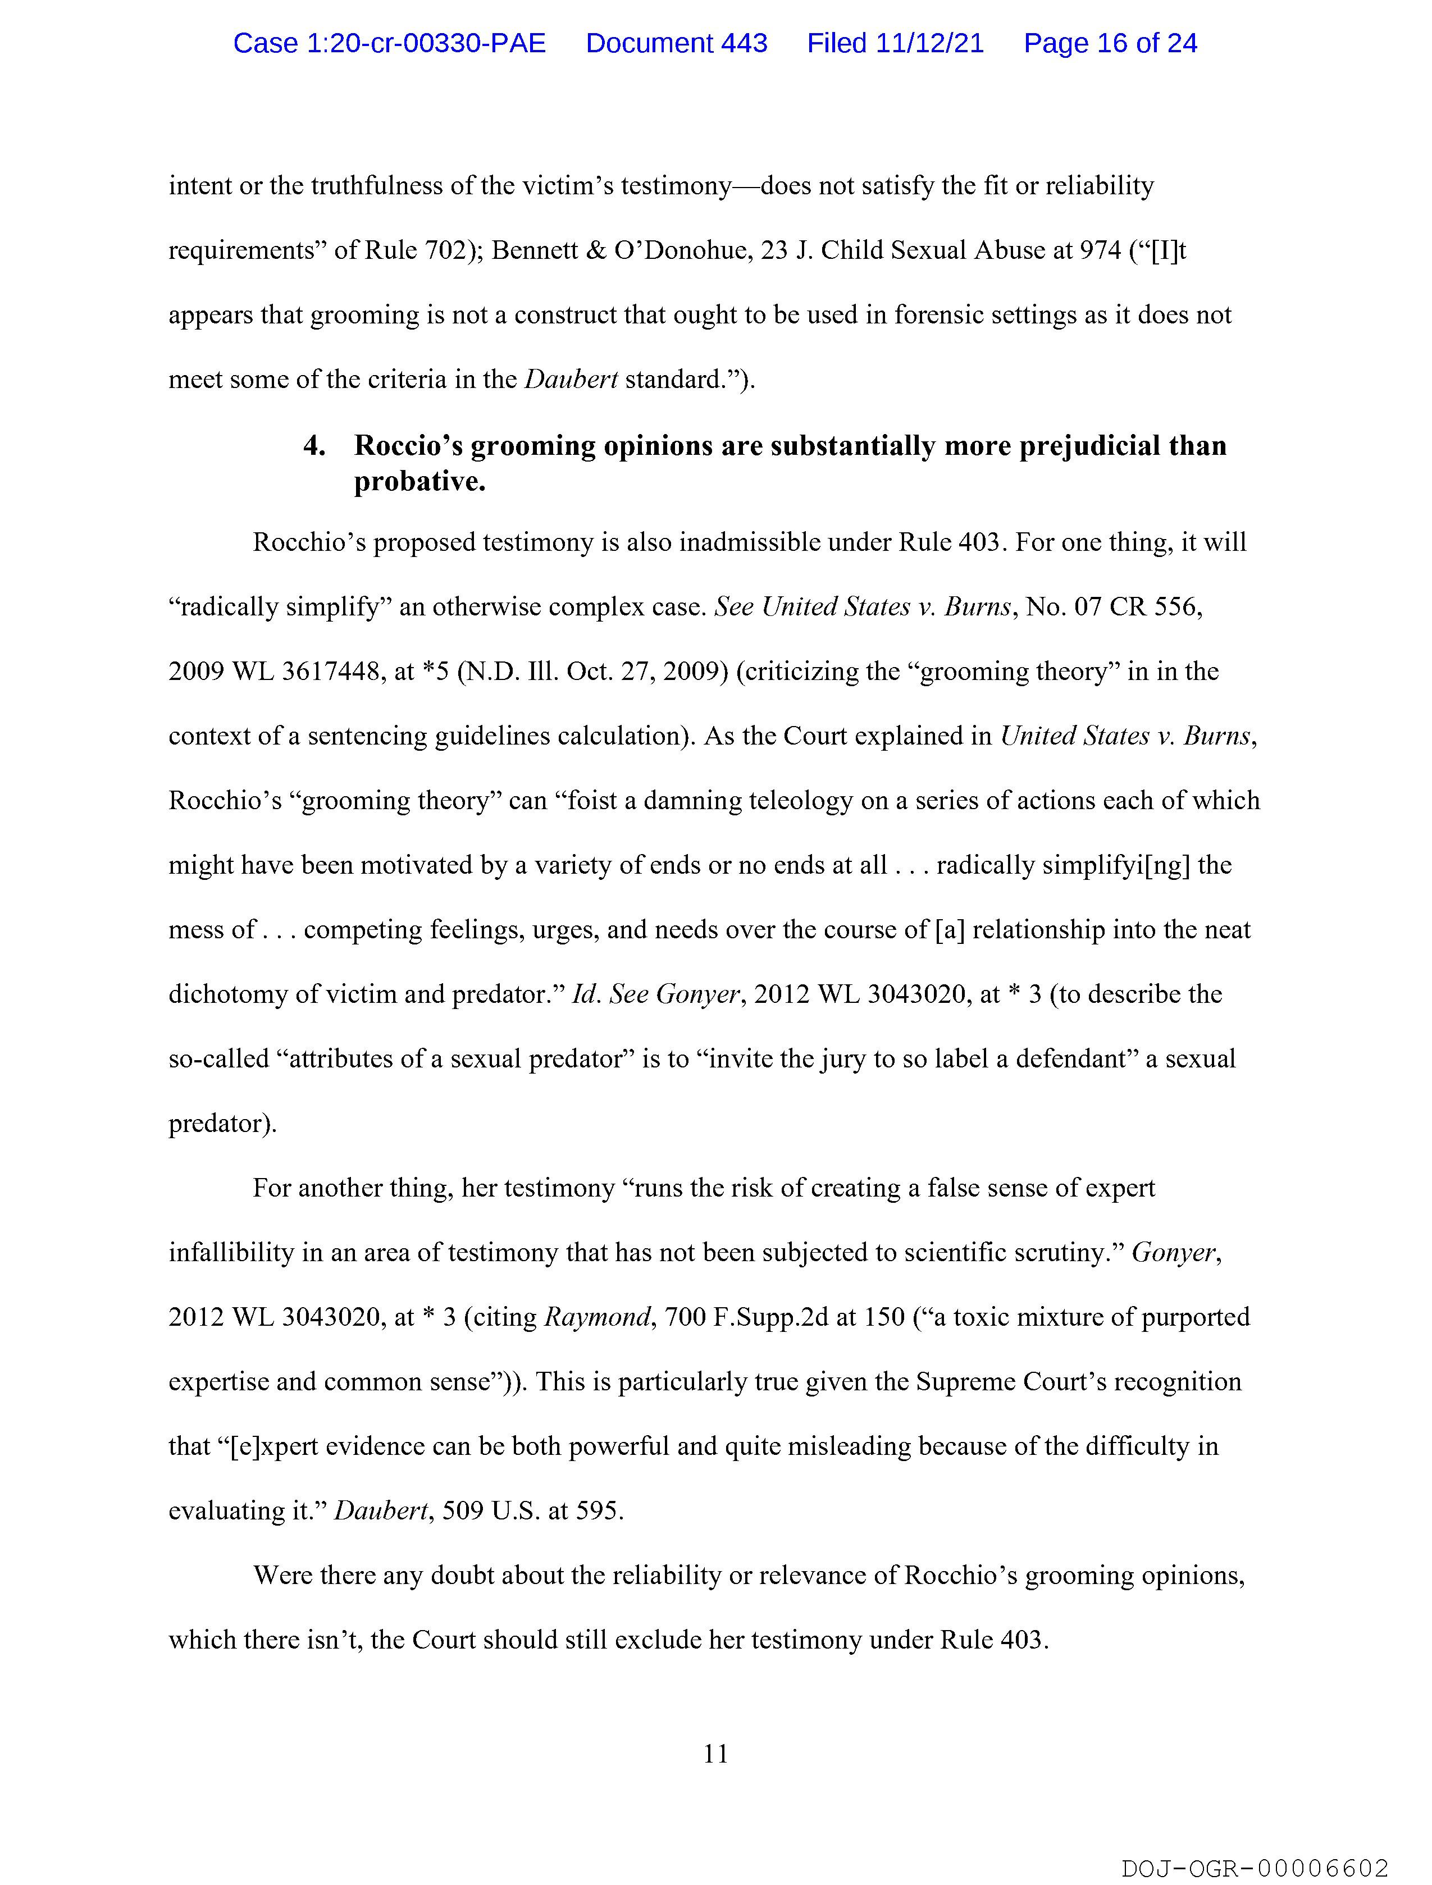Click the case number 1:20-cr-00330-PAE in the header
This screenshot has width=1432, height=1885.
pyautogui.click(x=390, y=43)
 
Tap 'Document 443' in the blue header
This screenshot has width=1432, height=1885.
pyautogui.click(x=676, y=43)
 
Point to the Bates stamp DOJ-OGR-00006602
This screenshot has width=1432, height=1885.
pyautogui.click(x=1255, y=1868)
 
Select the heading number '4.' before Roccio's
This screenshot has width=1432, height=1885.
pyautogui.click(x=314, y=446)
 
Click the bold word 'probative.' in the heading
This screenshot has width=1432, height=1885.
pyautogui.click(x=419, y=482)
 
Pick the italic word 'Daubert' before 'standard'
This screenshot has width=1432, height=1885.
pyautogui.click(x=570, y=379)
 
